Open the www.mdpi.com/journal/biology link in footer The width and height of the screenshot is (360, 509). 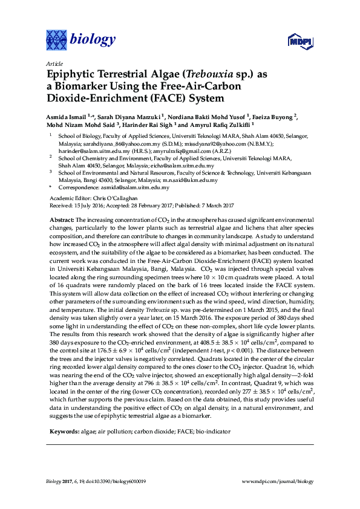(278, 482)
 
